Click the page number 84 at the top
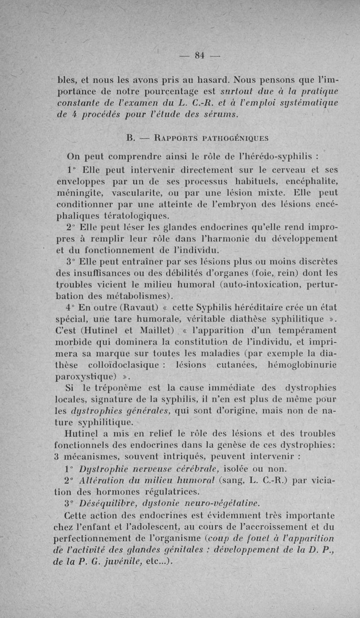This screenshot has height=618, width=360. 200,55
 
